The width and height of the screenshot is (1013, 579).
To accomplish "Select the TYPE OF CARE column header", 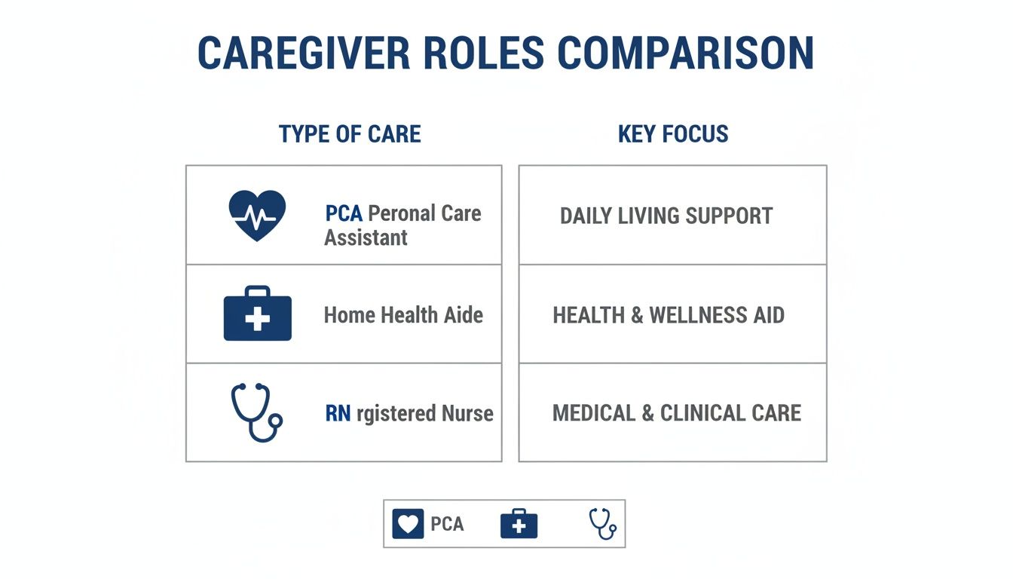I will (x=350, y=134).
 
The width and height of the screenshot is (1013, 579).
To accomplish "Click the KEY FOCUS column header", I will (x=673, y=134).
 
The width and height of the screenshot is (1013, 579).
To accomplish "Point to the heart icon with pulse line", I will (x=257, y=215).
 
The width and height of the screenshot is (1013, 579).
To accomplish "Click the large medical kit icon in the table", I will (x=257, y=314).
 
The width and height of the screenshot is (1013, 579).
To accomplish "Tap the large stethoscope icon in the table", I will (x=256, y=412).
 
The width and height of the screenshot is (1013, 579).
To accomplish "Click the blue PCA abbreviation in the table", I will (x=344, y=213).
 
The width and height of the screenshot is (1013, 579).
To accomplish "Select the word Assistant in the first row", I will (x=366, y=238).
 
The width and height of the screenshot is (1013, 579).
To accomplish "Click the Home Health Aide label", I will (x=403, y=314).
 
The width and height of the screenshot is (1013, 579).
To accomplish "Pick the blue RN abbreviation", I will (x=338, y=413).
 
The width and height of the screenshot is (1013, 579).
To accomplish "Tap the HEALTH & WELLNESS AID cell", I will (x=669, y=314).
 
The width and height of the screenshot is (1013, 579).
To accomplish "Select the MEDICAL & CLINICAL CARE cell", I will (x=677, y=413).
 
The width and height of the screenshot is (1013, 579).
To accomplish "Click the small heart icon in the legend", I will (x=408, y=524).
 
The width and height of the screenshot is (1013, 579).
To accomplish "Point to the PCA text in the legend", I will (x=447, y=524).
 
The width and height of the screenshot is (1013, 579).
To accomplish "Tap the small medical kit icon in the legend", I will (x=519, y=524).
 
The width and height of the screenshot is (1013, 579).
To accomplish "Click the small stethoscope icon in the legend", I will (x=602, y=523).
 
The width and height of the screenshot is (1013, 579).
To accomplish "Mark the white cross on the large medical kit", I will (x=257, y=319).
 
